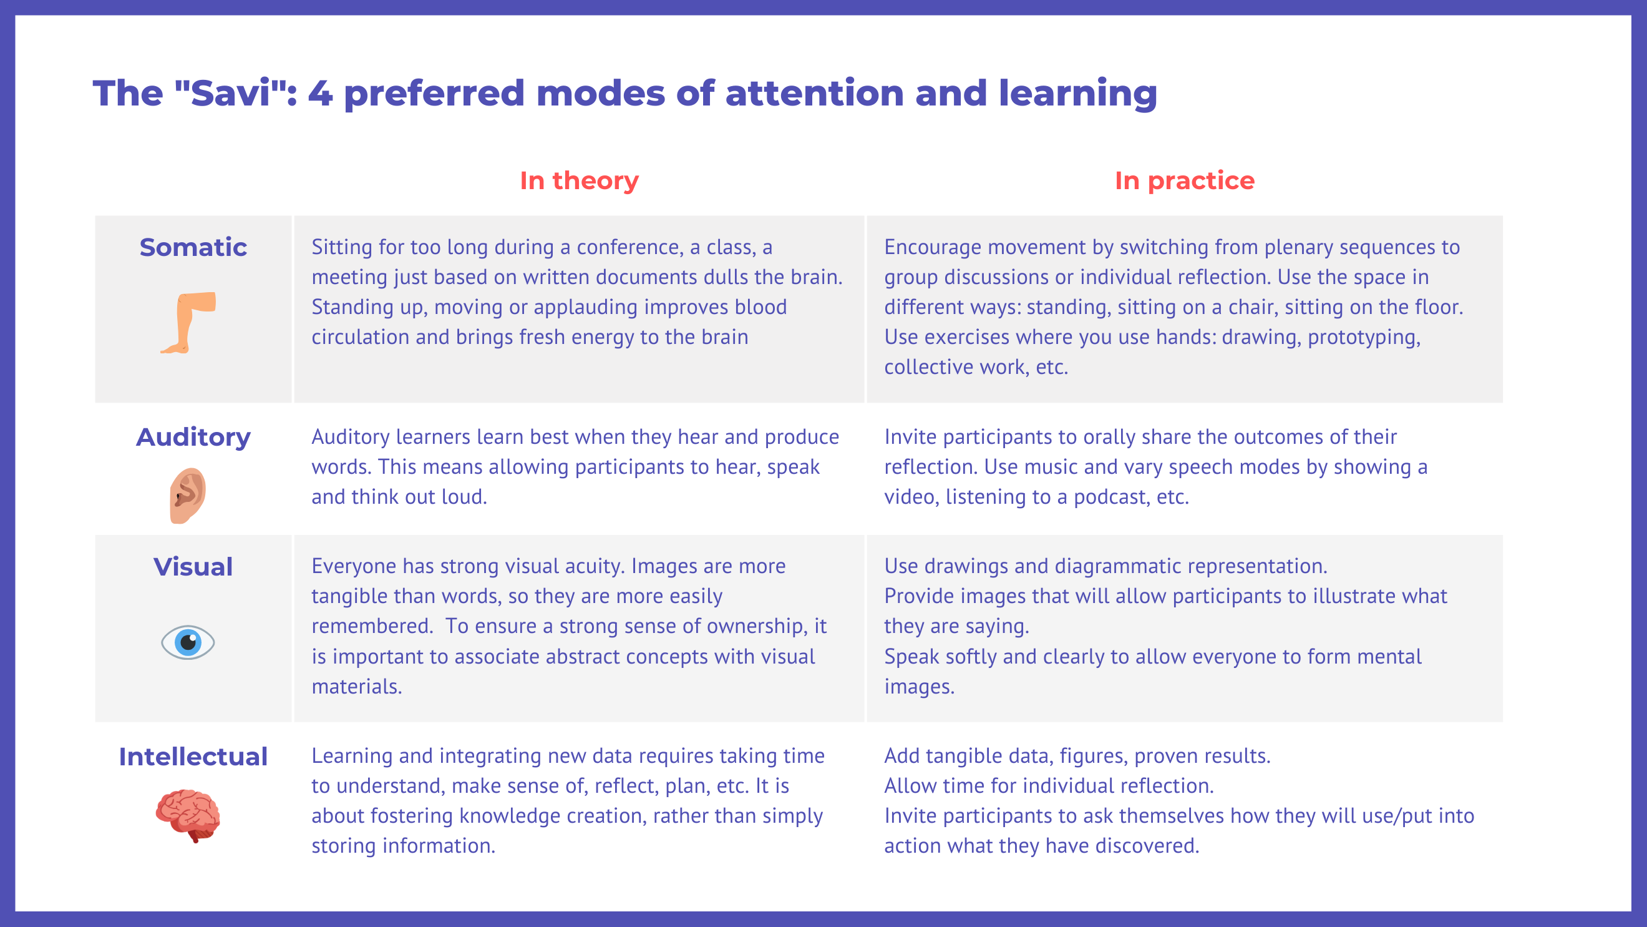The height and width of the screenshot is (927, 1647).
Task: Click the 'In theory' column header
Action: [580, 180]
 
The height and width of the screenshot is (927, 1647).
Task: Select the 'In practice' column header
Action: [1185, 181]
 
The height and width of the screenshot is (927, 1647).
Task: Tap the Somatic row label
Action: [193, 247]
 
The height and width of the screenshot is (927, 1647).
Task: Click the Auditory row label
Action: [193, 438]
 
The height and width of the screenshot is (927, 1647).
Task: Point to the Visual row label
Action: [193, 567]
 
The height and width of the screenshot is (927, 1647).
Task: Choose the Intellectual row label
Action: [193, 757]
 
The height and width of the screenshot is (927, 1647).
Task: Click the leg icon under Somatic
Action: [188, 323]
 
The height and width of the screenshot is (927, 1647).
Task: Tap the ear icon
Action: [187, 496]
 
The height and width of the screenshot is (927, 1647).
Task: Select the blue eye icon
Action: [188, 642]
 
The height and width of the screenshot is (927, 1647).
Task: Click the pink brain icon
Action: [188, 816]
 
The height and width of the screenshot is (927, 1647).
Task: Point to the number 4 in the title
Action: [320, 94]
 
